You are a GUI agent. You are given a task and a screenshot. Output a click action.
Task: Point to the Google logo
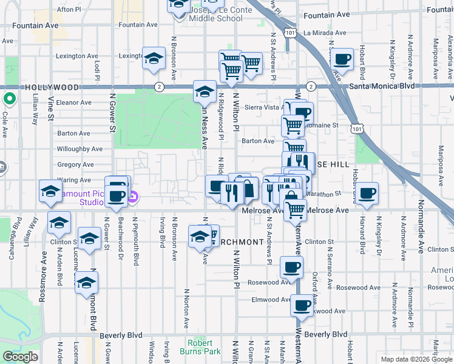tap(20, 357)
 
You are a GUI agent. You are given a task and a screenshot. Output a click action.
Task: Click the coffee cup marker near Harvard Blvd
tap(367, 194)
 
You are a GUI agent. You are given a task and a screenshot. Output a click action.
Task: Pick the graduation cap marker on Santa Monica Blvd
tap(205, 92)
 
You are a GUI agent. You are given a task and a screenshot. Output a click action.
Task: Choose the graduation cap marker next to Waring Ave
tap(50, 192)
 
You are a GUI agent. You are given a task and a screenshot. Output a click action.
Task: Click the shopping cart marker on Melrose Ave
tap(296, 210)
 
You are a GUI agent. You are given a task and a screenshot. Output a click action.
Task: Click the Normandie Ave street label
tap(420, 237)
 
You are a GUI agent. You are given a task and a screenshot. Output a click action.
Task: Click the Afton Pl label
tap(69, 10)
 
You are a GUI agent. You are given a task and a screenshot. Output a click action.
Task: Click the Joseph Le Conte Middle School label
tap(216, 15)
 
